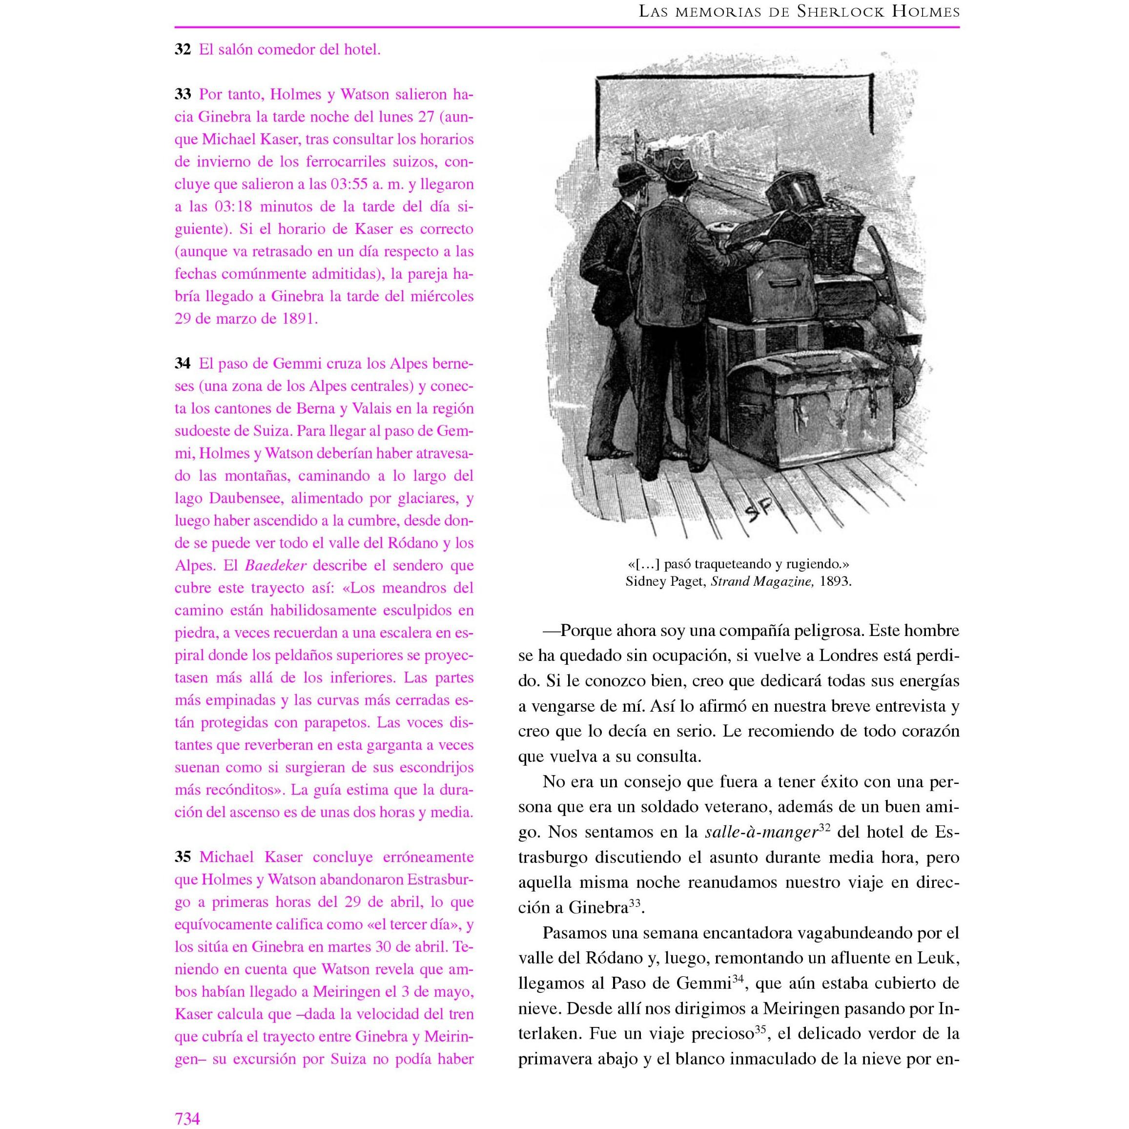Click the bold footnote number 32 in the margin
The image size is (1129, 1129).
(x=183, y=50)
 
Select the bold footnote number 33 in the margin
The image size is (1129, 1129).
(x=183, y=95)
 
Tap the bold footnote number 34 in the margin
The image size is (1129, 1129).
(x=183, y=364)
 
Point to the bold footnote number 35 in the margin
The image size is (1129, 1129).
(x=183, y=857)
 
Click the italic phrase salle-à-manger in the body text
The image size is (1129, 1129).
(x=761, y=832)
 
